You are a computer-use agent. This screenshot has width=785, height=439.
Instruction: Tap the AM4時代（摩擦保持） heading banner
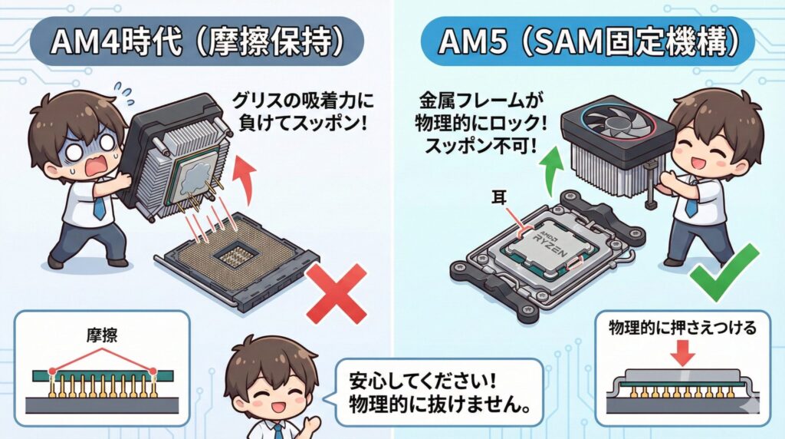click(x=195, y=43)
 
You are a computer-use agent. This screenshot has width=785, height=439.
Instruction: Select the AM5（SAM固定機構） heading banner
click(x=590, y=43)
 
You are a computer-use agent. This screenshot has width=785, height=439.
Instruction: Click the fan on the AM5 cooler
click(x=616, y=125)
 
